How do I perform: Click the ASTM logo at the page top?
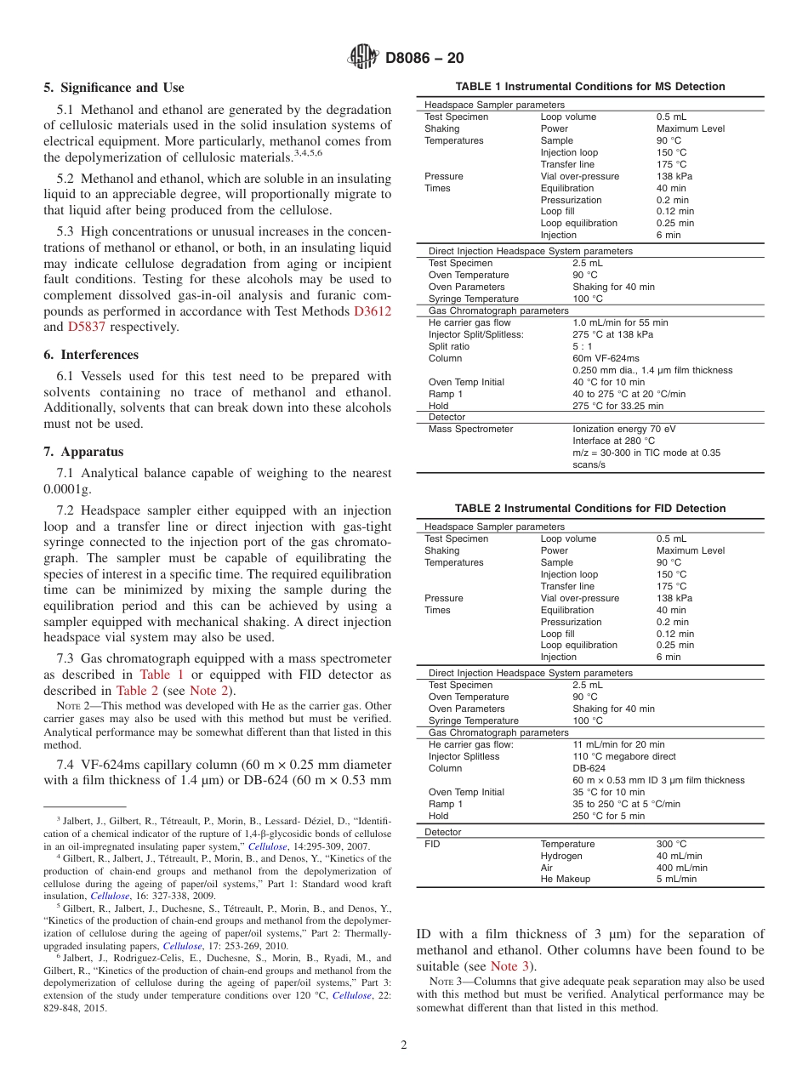[363, 58]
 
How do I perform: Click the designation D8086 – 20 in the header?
[424, 59]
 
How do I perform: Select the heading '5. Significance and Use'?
[114, 88]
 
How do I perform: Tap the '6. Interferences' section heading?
[91, 355]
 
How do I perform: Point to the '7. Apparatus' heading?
[83, 452]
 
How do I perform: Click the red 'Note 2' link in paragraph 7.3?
[210, 691]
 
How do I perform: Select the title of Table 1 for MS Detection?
[590, 87]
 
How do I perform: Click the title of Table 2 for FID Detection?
[590, 509]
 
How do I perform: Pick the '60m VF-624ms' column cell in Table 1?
[606, 359]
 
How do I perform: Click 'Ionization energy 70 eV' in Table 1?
[624, 430]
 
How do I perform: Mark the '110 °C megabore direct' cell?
[624, 757]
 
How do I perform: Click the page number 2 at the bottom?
[404, 1045]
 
